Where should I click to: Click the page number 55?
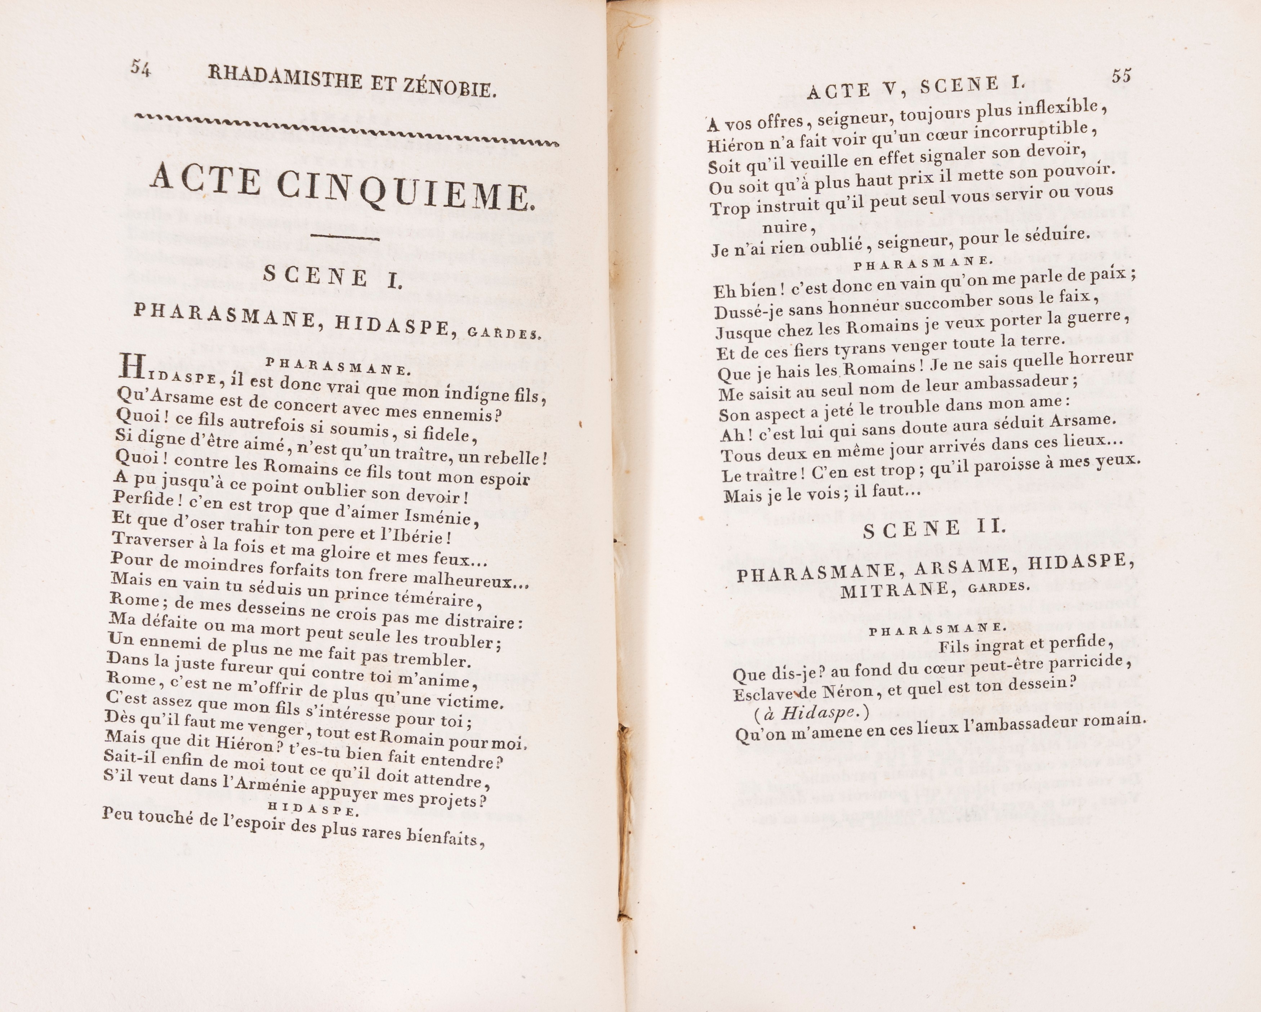coord(1121,76)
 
